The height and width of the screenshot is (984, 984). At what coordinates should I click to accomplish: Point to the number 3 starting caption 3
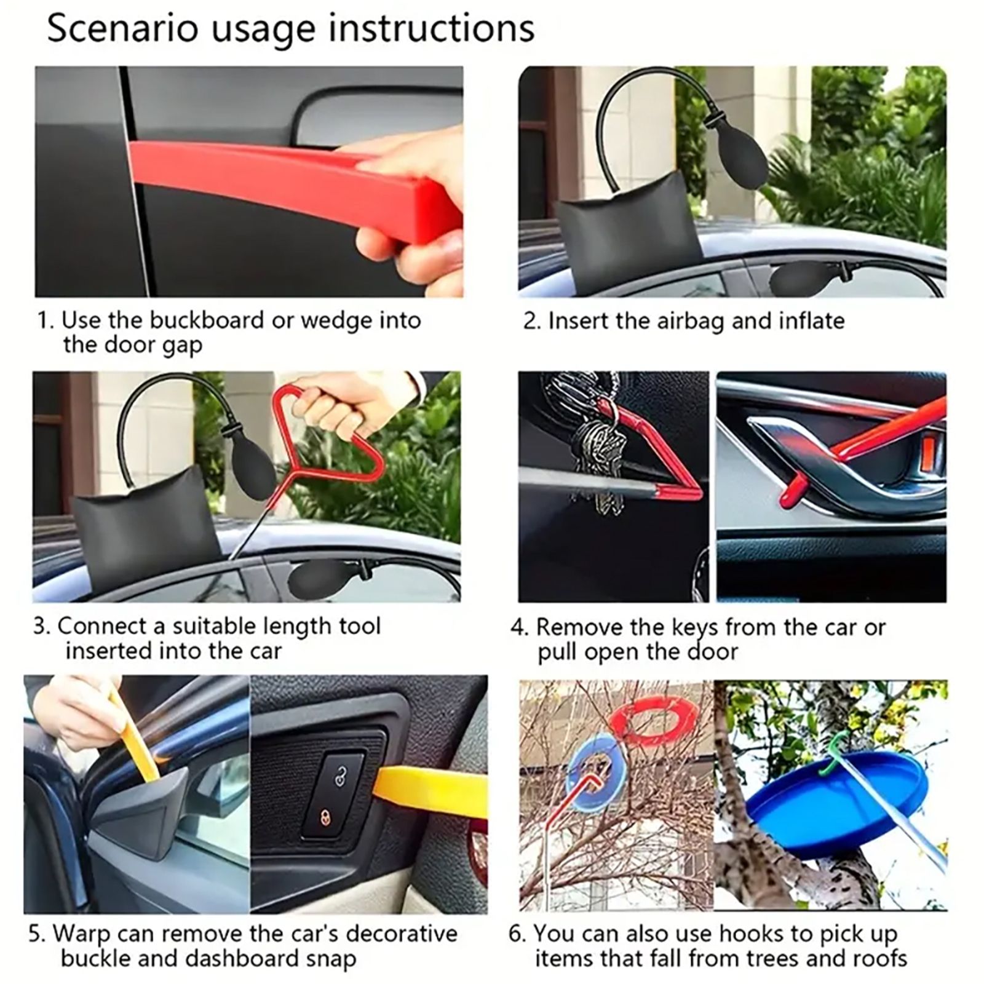(x=40, y=627)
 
